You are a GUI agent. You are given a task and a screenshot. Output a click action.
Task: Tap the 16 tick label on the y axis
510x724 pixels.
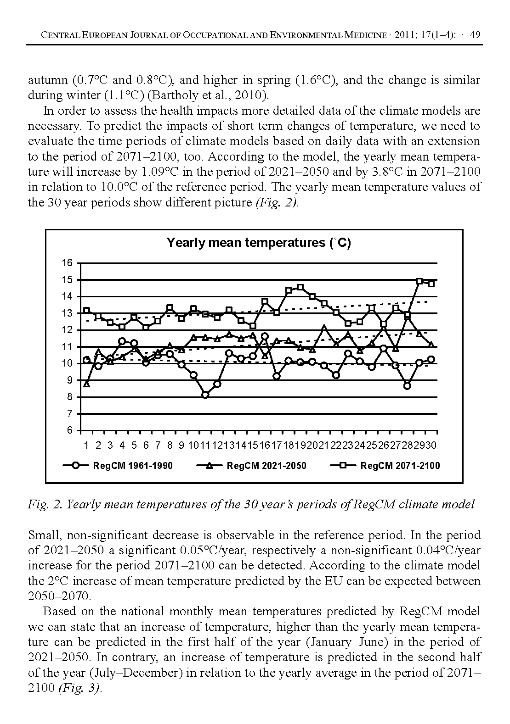pos(67,263)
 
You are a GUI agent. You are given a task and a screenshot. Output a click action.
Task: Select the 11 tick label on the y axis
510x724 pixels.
pos(67,347)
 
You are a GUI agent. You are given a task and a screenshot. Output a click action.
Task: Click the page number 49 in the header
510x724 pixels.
pos(475,35)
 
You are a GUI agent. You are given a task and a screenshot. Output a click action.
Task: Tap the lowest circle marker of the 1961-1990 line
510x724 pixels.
pos(205,395)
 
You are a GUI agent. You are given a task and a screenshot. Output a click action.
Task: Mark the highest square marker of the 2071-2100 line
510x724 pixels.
pos(419,281)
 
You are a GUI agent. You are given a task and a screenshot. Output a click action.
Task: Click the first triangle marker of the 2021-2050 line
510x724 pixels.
pos(86,384)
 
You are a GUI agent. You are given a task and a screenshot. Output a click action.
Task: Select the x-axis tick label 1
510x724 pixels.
pos(86,446)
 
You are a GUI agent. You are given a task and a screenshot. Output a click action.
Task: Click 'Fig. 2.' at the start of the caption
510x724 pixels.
pos(45,505)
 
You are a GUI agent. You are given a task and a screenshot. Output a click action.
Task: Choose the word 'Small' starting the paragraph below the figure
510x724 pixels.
pos(44,535)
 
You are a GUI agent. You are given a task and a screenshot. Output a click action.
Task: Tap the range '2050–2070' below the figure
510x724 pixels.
pos(60,596)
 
